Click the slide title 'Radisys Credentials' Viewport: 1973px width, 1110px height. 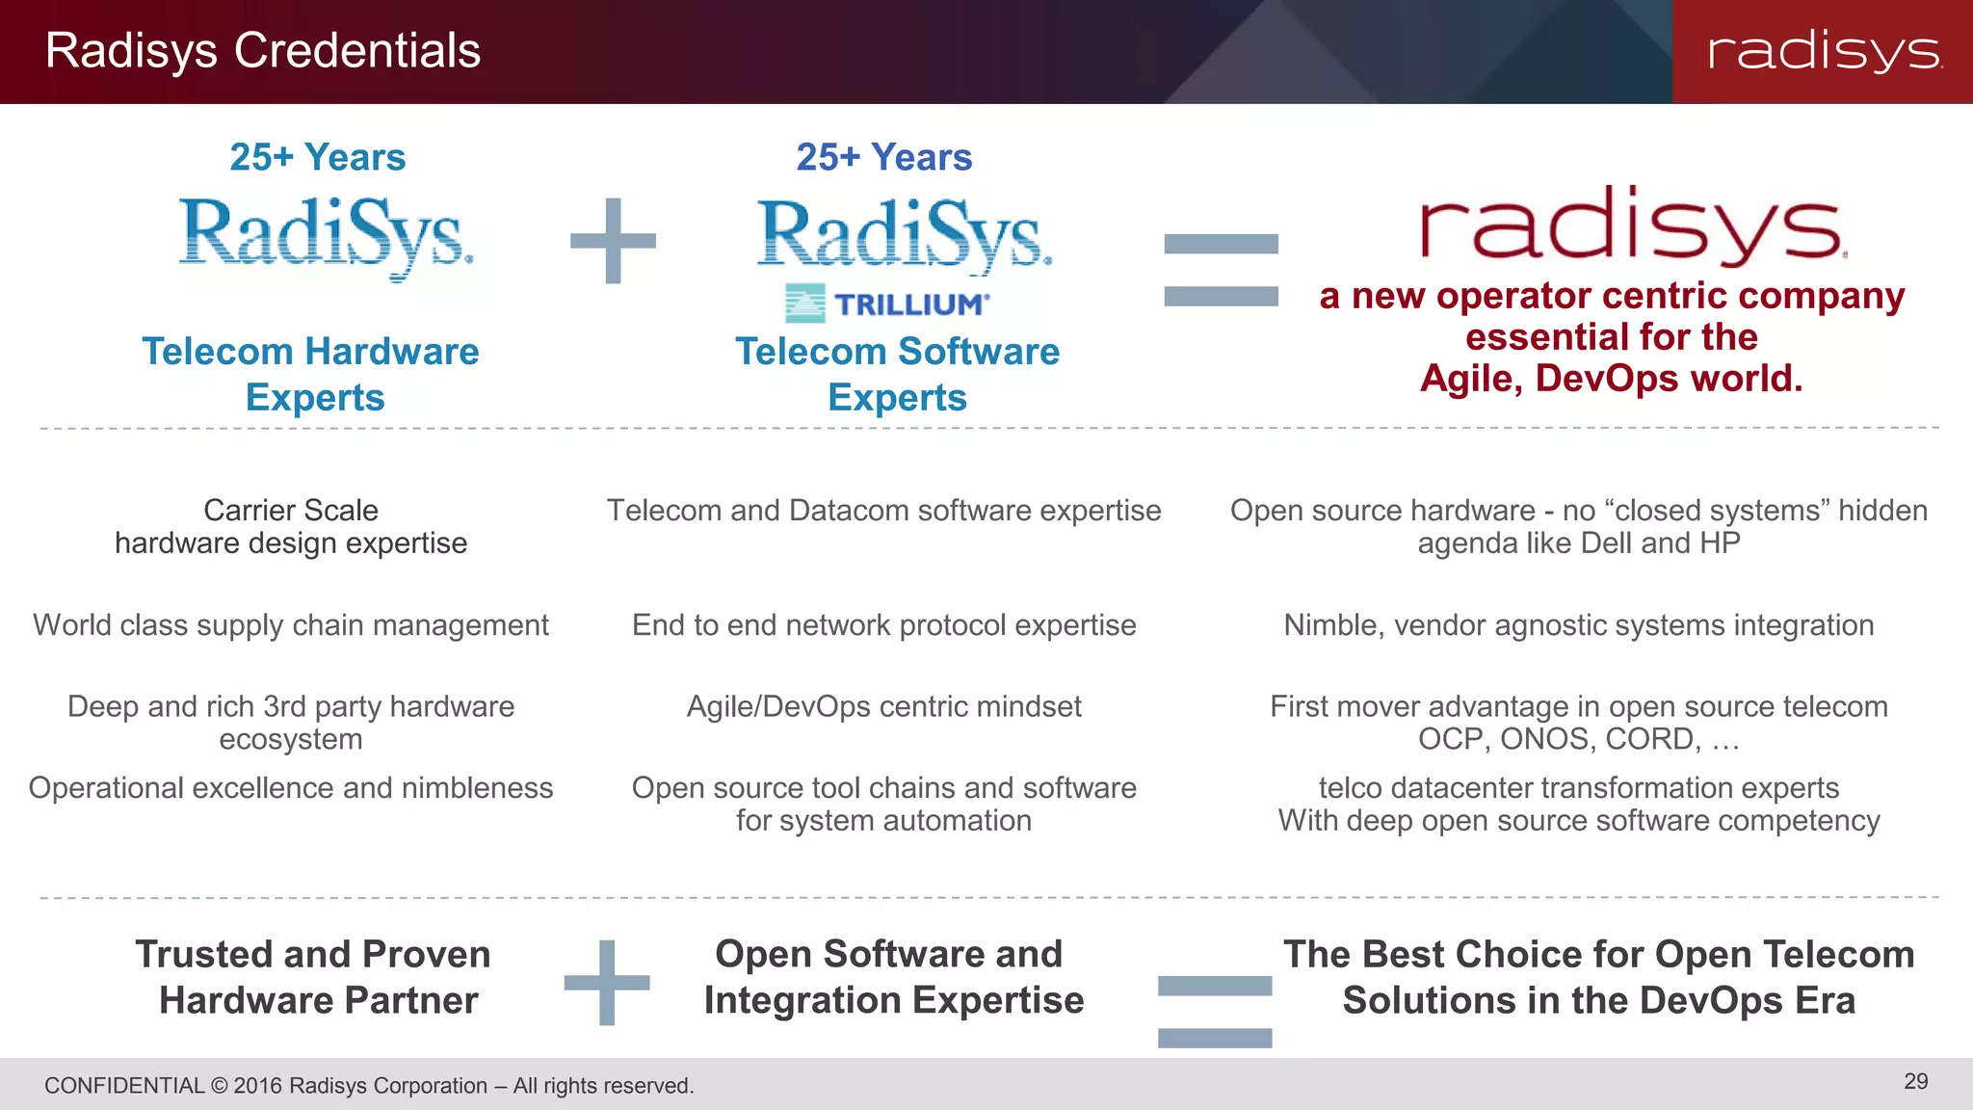262,50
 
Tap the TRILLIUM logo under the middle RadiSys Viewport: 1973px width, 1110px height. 886,304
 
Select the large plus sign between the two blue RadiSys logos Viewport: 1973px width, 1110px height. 613,241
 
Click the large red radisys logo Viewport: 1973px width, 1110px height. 1632,225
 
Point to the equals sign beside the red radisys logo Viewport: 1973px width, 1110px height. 1221,270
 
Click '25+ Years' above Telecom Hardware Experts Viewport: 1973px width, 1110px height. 317,157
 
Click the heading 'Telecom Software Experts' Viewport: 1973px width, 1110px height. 897,374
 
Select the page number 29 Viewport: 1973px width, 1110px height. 1915,1081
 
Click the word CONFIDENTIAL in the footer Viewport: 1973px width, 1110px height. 124,1086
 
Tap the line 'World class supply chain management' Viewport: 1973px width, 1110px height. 291,625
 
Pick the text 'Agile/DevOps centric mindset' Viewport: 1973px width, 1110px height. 883,706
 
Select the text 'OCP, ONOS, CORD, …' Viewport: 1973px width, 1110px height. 1578,739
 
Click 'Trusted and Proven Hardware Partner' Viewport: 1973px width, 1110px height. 314,977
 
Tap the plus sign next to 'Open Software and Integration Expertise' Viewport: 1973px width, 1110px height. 607,983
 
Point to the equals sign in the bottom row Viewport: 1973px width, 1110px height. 1214,1011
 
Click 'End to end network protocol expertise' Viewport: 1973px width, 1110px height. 883,625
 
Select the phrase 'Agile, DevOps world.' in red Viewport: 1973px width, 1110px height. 1611,379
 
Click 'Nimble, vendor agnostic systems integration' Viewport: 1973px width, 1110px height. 1578,625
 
